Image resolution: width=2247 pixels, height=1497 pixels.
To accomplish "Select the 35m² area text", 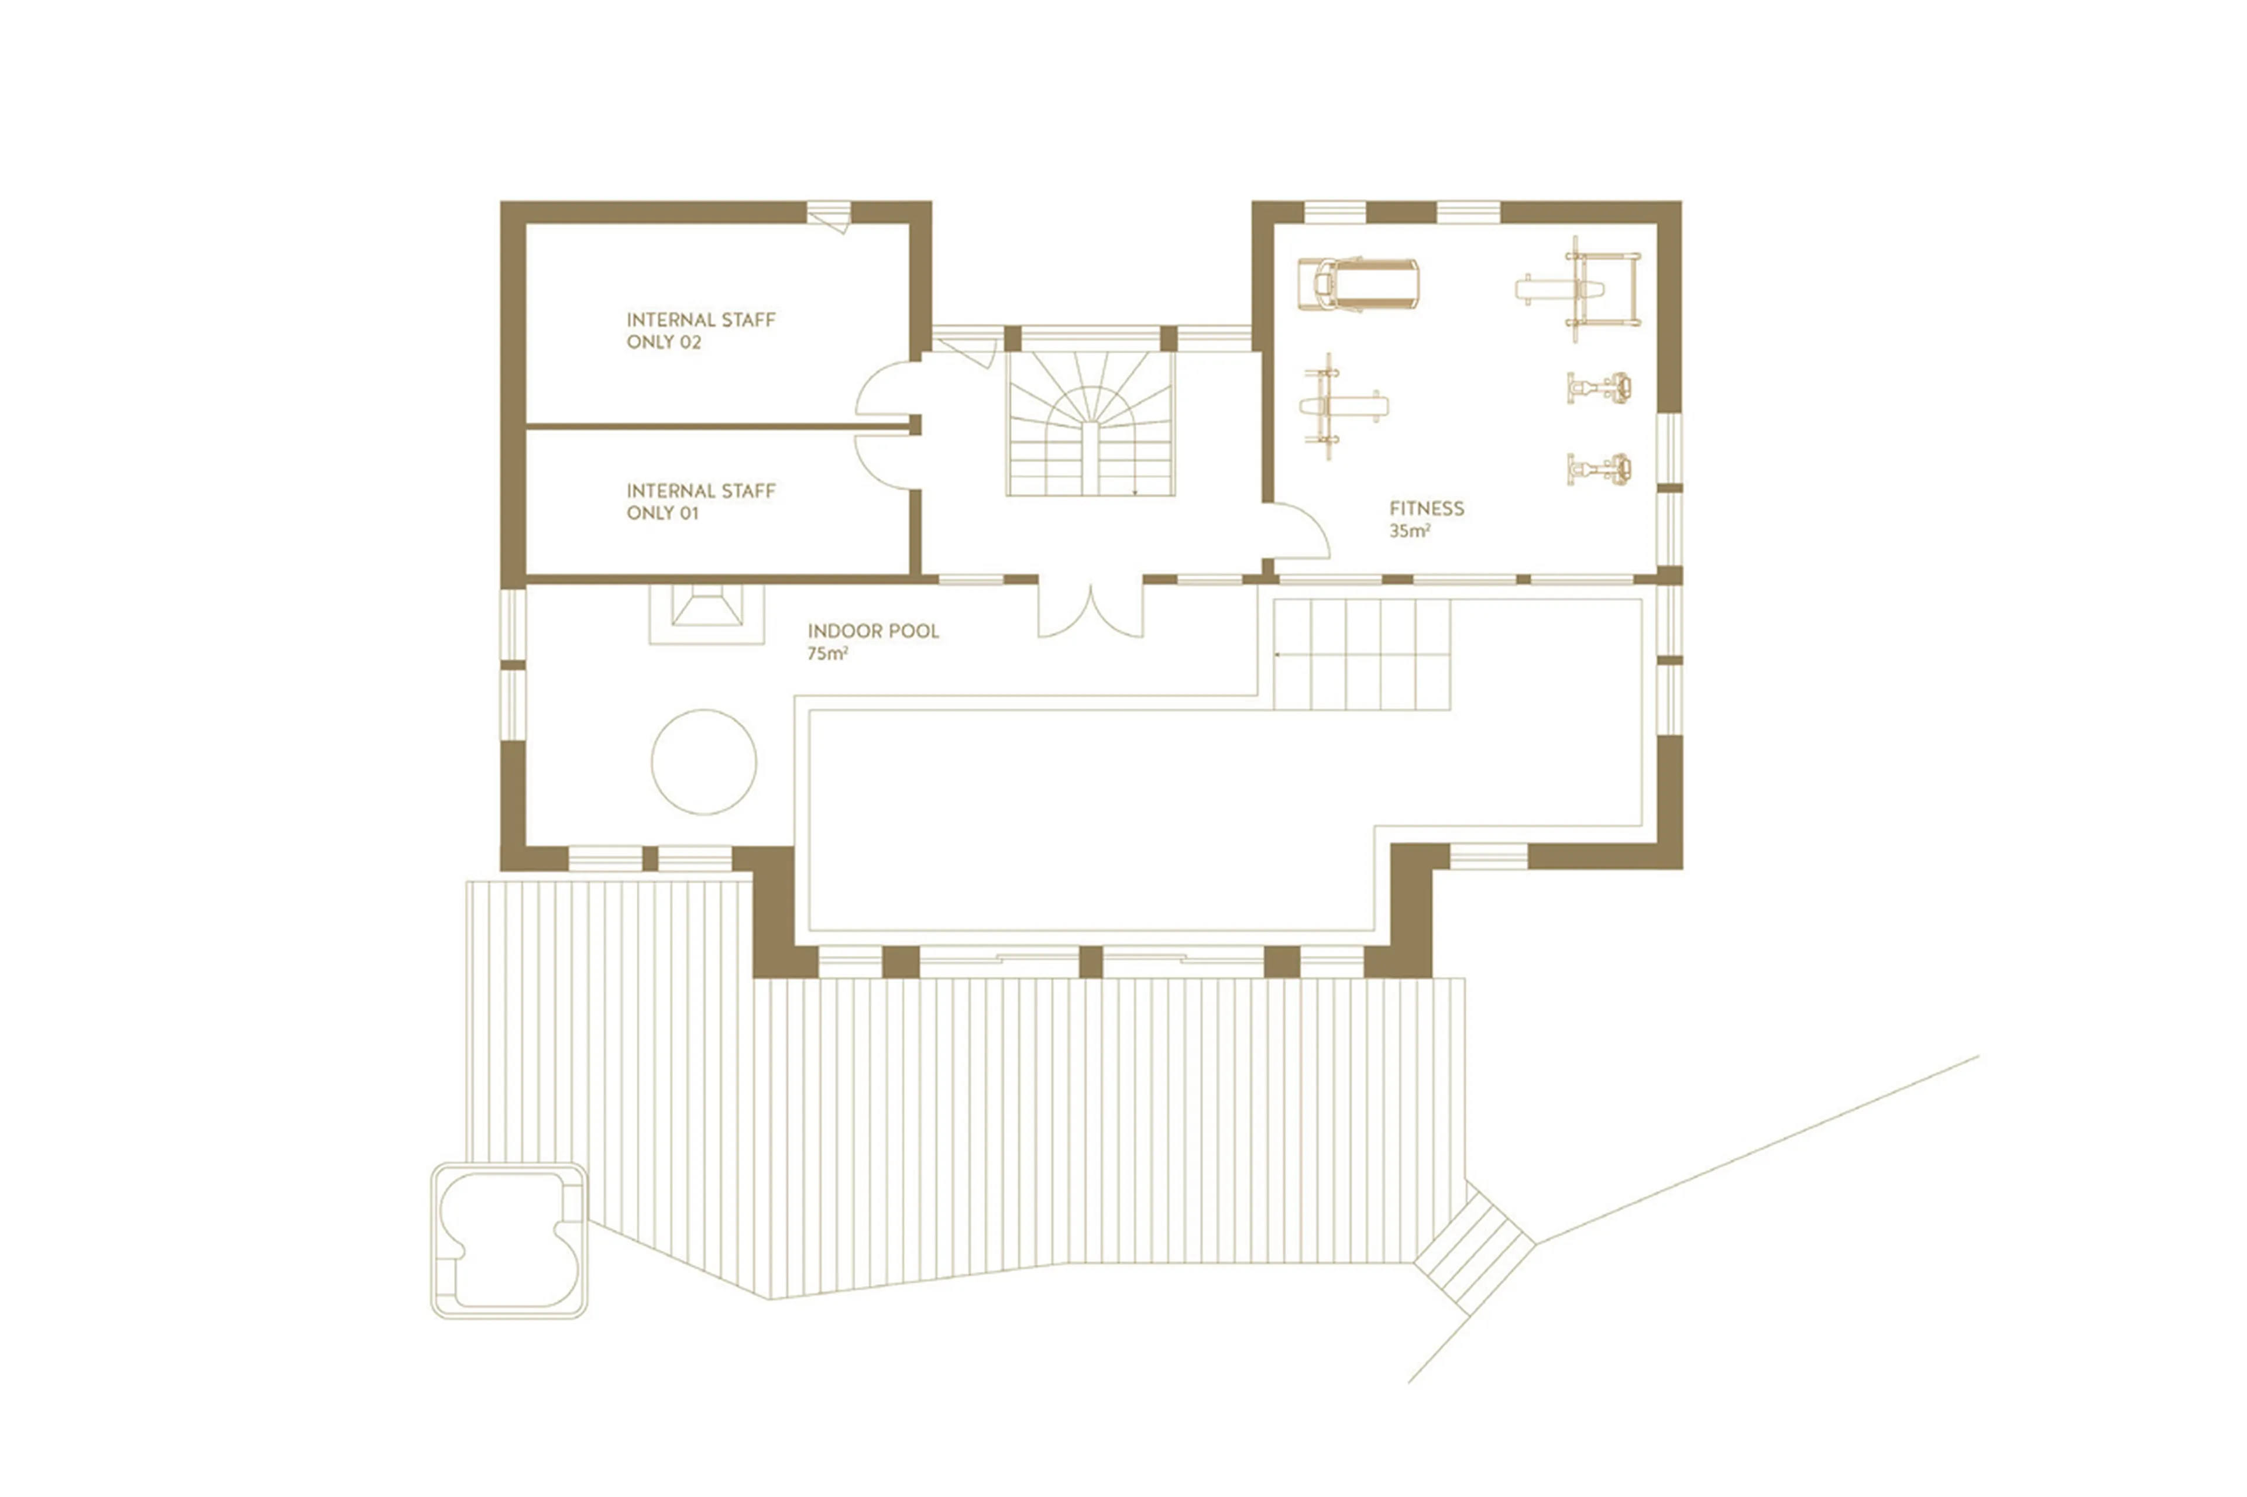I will point(1408,531).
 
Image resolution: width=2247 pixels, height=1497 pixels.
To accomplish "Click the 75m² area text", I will point(827,654).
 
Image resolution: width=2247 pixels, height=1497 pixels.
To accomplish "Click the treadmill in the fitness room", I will point(1357,284).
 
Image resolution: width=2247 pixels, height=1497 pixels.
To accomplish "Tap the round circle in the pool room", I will point(704,761).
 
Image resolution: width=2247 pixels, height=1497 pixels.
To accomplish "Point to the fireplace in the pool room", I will point(707,613).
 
